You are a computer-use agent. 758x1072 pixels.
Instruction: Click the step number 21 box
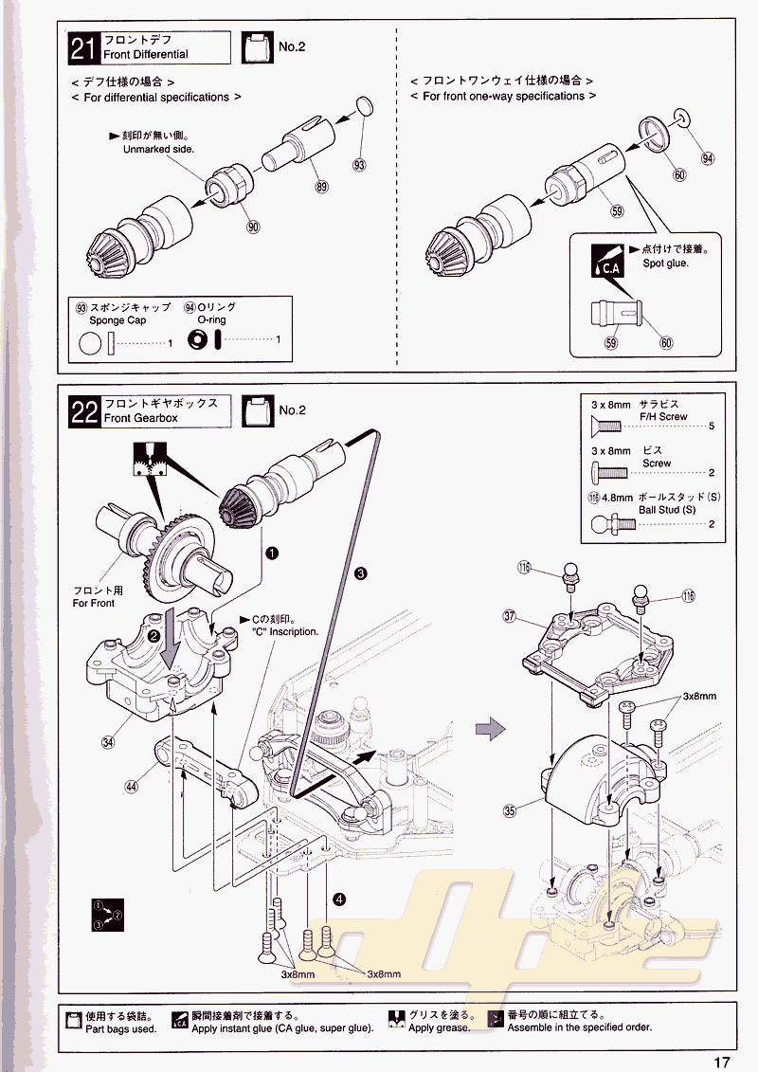[x=84, y=47]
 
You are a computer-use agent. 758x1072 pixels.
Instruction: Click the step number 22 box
[x=84, y=411]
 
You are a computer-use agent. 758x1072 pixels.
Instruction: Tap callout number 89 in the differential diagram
[x=321, y=188]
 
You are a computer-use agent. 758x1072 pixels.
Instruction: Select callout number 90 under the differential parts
[x=252, y=227]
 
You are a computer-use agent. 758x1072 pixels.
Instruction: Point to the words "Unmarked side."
[x=158, y=150]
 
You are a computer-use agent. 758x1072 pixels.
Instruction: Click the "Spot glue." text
[x=665, y=263]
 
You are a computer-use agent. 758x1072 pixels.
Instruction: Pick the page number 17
[x=722, y=1062]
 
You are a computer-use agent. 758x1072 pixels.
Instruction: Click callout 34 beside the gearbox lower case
[x=108, y=742]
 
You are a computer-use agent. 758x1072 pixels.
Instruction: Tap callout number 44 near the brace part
[x=132, y=785]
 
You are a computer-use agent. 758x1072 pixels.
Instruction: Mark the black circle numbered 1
[x=271, y=552]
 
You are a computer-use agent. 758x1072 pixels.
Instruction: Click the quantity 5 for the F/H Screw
[x=711, y=426]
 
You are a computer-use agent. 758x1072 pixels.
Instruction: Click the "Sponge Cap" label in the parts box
[x=124, y=320]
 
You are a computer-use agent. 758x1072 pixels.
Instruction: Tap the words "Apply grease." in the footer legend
[x=439, y=1027]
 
